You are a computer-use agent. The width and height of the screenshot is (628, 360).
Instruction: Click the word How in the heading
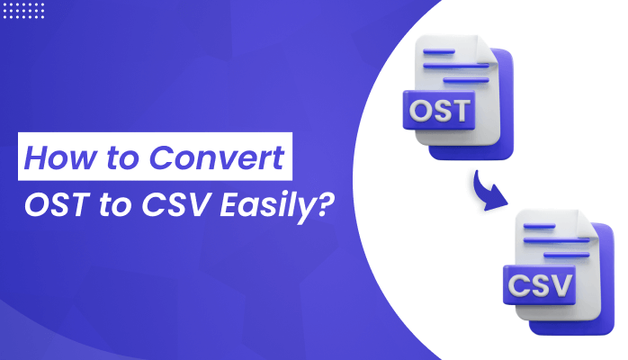click(x=60, y=157)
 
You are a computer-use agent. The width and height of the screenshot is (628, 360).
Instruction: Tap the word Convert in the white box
click(x=217, y=157)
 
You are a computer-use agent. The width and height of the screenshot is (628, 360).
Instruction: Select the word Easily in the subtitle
click(x=266, y=206)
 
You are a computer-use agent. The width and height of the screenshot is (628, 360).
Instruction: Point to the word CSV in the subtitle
click(x=176, y=205)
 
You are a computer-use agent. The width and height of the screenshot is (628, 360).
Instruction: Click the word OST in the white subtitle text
click(x=56, y=205)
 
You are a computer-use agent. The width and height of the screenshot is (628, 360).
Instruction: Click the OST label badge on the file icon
click(x=439, y=110)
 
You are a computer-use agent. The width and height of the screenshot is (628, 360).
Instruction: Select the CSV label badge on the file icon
click(x=540, y=284)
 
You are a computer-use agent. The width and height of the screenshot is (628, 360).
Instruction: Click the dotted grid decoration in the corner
click(x=23, y=11)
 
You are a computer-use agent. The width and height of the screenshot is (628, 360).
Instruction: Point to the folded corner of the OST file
click(x=488, y=48)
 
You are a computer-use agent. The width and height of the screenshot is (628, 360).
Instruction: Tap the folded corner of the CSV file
click(x=588, y=222)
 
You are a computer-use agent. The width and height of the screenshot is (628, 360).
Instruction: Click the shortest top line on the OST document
click(x=439, y=51)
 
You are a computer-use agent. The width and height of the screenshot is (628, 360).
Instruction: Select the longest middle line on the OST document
click(x=456, y=66)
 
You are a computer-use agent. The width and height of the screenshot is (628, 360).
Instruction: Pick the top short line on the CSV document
click(x=540, y=226)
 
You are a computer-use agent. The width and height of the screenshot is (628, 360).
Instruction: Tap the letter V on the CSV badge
click(x=560, y=285)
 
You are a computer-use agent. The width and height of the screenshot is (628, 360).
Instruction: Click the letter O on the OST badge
click(x=420, y=111)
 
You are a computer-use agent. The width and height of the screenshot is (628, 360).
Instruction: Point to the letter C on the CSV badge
click(x=518, y=285)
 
